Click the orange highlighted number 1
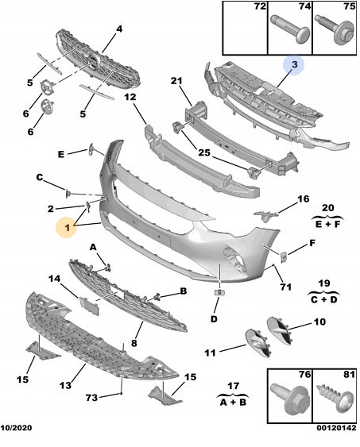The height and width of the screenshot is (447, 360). click(x=68, y=228)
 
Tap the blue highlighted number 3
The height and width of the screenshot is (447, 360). click(x=294, y=64)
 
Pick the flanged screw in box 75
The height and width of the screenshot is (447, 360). click(x=335, y=29)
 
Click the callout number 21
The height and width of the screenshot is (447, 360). click(x=176, y=81)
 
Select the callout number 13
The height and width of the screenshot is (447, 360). click(x=65, y=385)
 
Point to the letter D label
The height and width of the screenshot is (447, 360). click(x=214, y=318)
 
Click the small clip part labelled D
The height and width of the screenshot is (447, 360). click(x=219, y=291)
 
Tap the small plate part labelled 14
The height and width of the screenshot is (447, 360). click(x=89, y=306)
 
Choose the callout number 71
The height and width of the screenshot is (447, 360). click(x=285, y=287)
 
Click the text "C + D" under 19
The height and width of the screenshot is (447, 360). click(x=323, y=299)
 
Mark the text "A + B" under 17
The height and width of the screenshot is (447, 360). click(x=234, y=402)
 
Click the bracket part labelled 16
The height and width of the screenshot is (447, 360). click(x=266, y=216)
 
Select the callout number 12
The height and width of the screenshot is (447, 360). click(x=130, y=97)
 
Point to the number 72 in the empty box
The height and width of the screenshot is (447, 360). click(x=260, y=6)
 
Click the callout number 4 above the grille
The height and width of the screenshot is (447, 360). click(x=119, y=29)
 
